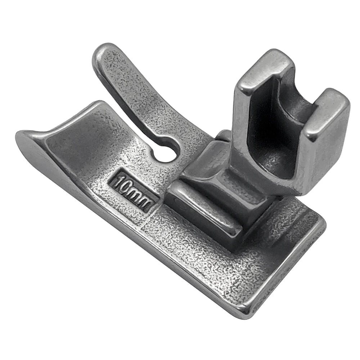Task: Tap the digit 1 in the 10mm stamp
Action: coord(118,181)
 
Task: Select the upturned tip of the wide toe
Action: coord(22,139)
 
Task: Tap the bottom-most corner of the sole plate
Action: coord(248,313)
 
